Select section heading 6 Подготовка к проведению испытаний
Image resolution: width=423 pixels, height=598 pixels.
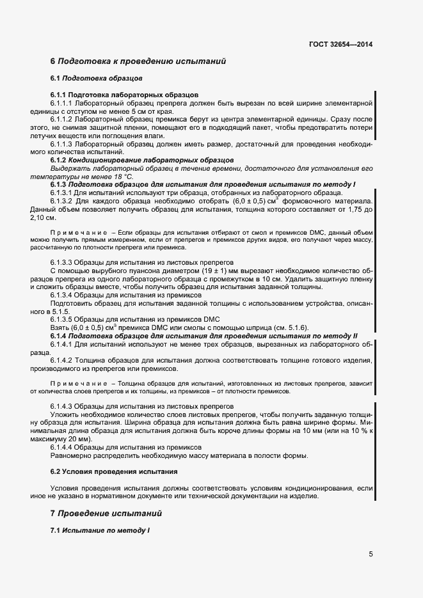click(138, 61)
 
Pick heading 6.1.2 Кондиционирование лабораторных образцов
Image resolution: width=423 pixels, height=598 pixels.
click(142, 160)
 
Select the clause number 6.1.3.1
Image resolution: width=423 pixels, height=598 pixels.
click(61, 193)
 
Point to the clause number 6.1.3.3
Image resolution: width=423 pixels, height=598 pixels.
click(61, 262)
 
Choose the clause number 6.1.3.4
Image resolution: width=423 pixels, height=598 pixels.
click(61, 295)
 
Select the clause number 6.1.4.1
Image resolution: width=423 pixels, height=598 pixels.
click(61, 343)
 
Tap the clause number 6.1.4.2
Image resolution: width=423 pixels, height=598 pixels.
click(61, 360)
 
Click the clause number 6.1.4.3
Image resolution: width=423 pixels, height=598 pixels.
click(61, 406)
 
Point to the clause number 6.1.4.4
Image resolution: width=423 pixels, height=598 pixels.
click(61, 447)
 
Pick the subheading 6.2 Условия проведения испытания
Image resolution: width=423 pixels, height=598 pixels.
click(114, 471)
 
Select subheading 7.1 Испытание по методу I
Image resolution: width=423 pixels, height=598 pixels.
click(100, 531)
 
